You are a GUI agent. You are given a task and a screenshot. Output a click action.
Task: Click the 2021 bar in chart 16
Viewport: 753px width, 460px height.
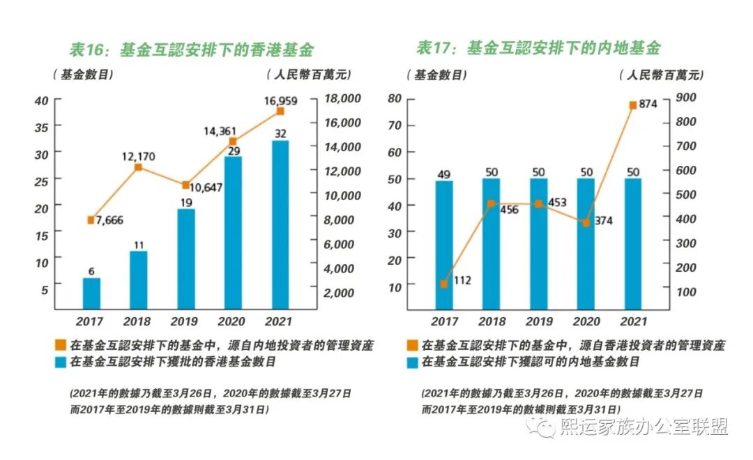pos(280,224)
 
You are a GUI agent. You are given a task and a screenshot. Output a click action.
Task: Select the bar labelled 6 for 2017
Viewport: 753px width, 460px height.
pos(91,293)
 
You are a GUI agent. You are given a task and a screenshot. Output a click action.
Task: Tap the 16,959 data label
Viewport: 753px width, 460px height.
pos(280,101)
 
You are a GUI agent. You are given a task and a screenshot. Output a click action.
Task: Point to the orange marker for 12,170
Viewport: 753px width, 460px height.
pos(138,167)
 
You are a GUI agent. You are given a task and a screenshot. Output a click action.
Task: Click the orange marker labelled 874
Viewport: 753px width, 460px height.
pos(633,105)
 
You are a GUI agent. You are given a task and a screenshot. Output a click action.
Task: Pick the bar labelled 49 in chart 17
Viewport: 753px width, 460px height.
pos(444,244)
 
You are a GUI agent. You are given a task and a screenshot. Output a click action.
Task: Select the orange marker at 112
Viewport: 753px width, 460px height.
pos(444,284)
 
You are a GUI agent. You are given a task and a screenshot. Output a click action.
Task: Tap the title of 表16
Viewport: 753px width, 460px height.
pos(191,49)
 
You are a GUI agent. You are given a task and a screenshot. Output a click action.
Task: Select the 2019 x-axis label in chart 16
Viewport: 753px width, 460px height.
pos(185,321)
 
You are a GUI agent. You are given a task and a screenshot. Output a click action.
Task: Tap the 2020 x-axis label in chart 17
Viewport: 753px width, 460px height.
pos(586,321)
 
